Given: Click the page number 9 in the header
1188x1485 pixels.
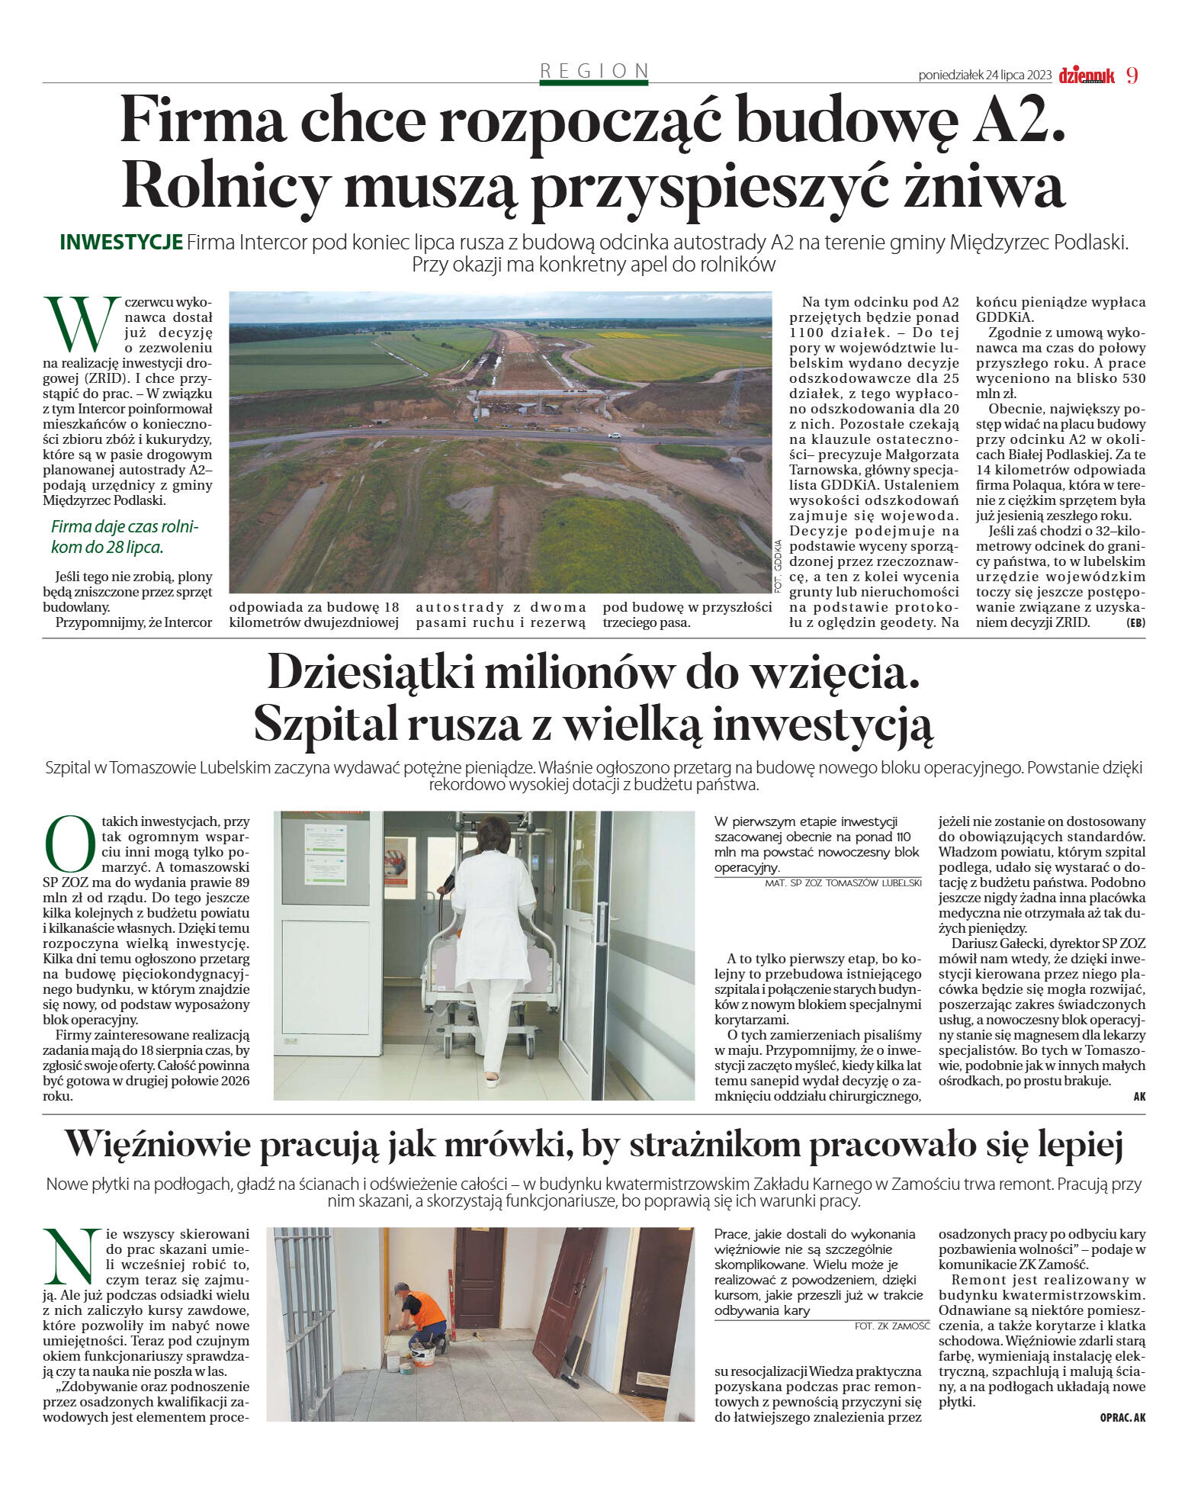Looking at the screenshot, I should click(1132, 76).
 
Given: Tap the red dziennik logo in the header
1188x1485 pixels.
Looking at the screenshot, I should click(1086, 76).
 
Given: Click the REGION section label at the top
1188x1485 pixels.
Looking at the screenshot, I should click(594, 71).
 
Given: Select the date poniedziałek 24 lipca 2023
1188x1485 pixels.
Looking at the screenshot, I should click(984, 76).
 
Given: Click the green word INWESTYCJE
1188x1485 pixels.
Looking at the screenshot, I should click(120, 243).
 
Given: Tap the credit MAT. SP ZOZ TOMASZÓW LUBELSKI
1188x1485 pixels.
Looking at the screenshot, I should click(843, 883).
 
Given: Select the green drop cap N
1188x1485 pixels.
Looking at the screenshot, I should click(69, 1256).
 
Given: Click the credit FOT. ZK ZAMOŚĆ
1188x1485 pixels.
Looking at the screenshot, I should click(892, 1326).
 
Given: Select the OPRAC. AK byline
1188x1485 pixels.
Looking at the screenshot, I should click(1122, 1418).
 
